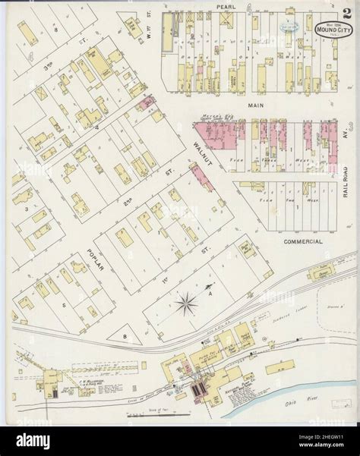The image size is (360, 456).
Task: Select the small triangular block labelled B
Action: (122, 335)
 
